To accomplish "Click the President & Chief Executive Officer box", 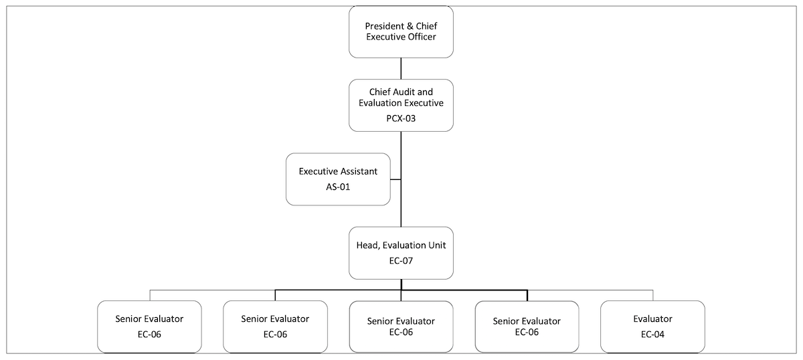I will click(x=401, y=31).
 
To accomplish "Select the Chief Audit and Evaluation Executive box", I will click(x=401, y=104).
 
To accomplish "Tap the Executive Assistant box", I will click(x=338, y=179).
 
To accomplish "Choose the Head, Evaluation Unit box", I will click(x=401, y=252).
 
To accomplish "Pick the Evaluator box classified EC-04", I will click(x=652, y=327).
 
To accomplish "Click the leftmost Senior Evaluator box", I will click(x=149, y=327).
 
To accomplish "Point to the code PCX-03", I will click(x=401, y=118).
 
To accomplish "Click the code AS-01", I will click(x=338, y=187).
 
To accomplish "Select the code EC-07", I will click(x=401, y=260).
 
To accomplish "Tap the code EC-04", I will click(x=652, y=334).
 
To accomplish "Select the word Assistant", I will click(x=357, y=171).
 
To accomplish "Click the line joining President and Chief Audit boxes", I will click(x=401, y=68).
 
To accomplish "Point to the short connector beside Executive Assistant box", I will click(x=395, y=179).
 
